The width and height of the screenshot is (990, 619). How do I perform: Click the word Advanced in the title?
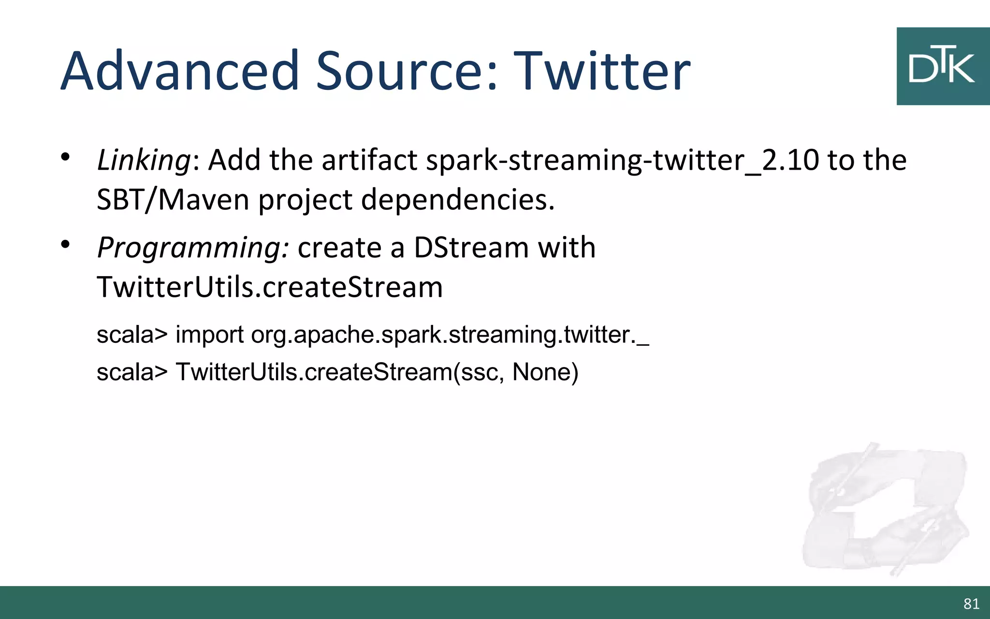(180, 71)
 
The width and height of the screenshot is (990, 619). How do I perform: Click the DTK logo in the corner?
(942, 66)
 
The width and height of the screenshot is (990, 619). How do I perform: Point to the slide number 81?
(971, 604)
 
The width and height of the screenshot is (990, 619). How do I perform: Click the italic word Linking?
(144, 160)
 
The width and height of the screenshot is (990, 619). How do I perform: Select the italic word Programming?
(193, 248)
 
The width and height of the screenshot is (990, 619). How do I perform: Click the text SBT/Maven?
(173, 199)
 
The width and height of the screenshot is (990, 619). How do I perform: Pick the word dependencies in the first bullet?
(457, 199)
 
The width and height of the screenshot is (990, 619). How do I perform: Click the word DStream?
(471, 248)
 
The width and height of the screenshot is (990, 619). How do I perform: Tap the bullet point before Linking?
(66, 157)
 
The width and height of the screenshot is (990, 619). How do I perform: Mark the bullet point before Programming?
(66, 245)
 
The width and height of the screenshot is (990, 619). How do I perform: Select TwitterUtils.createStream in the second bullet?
(270, 287)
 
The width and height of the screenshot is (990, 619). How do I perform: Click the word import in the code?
(209, 335)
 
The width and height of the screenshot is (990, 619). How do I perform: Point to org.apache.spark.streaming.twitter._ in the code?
(450, 335)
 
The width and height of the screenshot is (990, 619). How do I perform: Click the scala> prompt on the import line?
(132, 335)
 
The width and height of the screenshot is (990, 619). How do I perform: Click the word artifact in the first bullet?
(369, 160)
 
